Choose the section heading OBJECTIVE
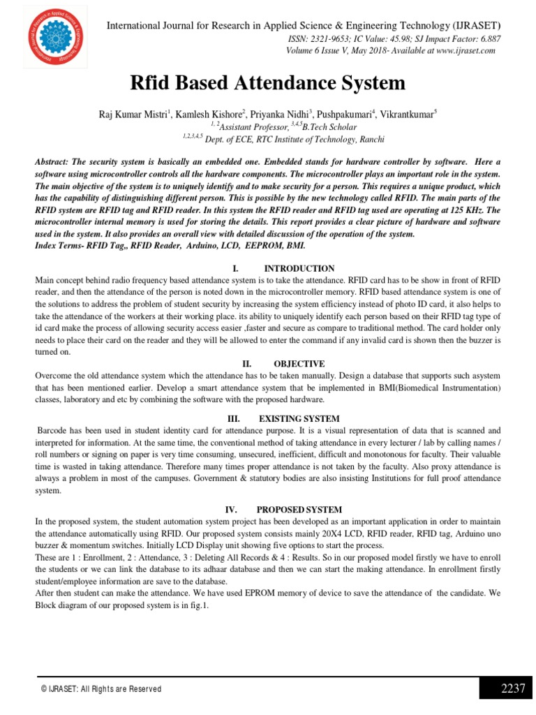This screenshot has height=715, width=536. (299, 364)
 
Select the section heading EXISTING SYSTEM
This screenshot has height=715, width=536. (299, 418)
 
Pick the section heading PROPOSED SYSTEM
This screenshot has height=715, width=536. (299, 510)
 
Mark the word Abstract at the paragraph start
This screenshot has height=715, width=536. (54, 161)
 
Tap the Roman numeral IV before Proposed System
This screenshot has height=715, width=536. (235, 510)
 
